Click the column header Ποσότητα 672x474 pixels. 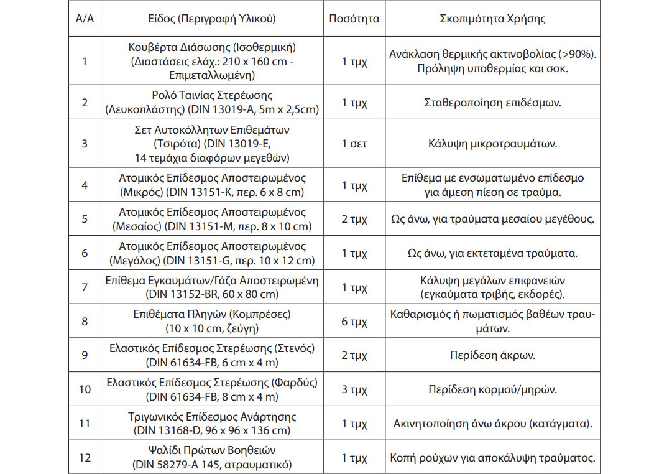(354, 19)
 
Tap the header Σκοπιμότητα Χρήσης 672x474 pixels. (492, 19)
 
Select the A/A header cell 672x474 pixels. (85, 19)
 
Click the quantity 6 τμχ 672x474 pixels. (354, 322)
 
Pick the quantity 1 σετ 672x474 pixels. (354, 144)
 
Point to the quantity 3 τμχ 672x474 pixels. (354, 390)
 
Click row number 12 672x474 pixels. (85, 458)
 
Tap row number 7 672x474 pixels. (85, 287)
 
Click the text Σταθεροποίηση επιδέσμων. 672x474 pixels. (492, 102)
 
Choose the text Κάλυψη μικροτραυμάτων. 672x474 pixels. (492, 144)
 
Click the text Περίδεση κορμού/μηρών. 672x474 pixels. (492, 390)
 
